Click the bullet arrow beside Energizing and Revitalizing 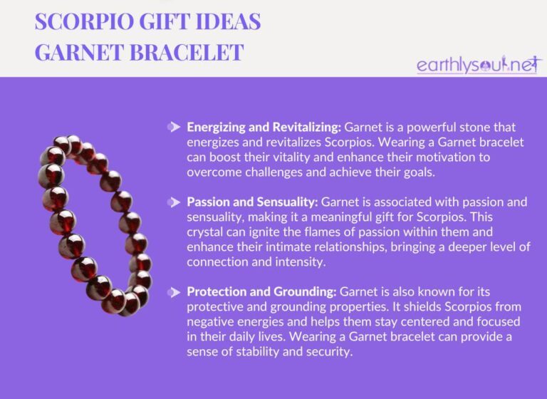[173, 128]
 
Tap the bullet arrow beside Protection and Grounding [173, 293]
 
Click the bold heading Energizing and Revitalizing [264, 128]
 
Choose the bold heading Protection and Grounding [261, 293]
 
